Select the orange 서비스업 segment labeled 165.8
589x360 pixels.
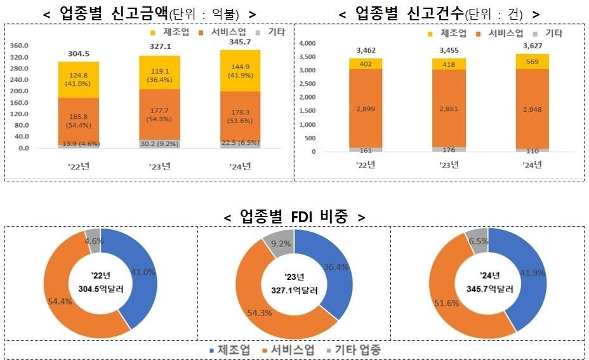[x=78, y=121]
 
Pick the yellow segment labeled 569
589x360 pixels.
[x=533, y=61]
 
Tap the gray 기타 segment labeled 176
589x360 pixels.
[x=450, y=149]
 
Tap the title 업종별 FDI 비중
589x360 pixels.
[x=294, y=217]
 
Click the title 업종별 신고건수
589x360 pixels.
[x=439, y=13]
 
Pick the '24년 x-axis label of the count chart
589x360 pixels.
[x=533, y=166]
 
